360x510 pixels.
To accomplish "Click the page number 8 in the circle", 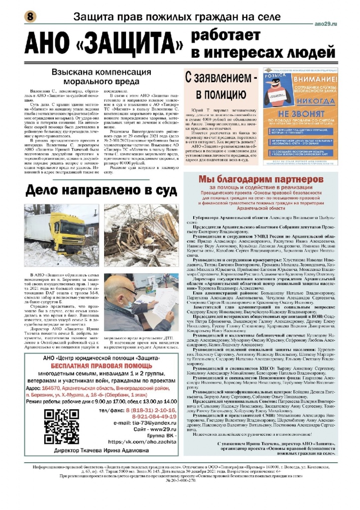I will click(29, 16).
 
